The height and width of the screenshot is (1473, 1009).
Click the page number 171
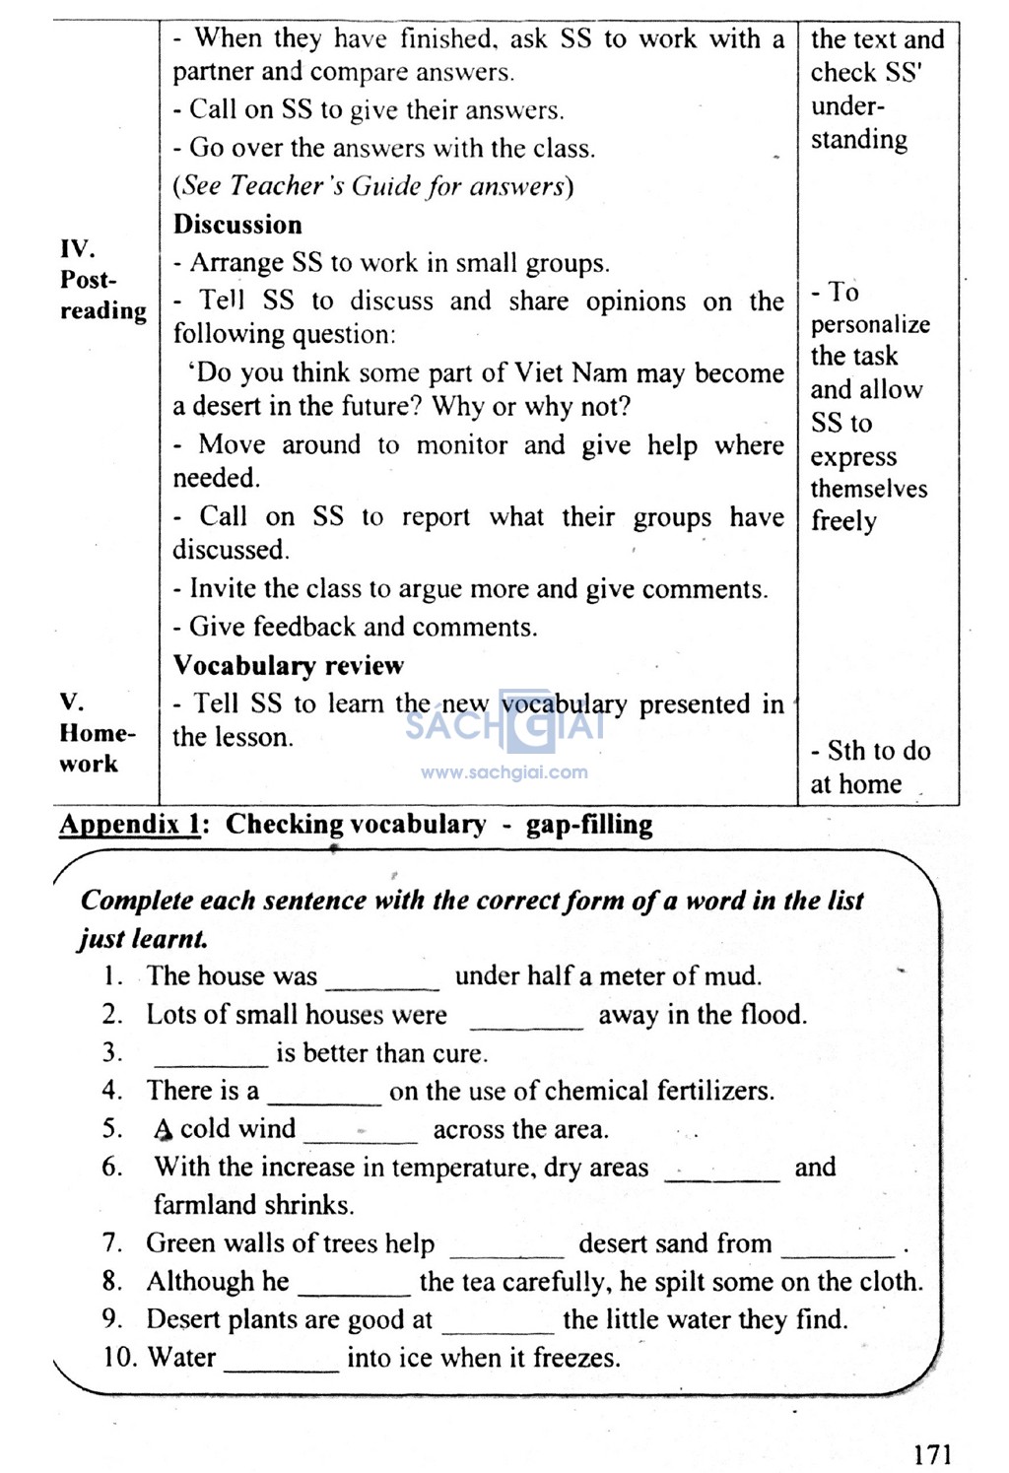coord(931,1453)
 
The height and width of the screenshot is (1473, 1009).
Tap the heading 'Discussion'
coord(237,225)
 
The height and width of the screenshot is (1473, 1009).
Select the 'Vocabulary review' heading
coord(288,665)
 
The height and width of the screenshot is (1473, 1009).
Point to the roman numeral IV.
coord(78,248)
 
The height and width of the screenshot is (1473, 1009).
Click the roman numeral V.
coord(72,702)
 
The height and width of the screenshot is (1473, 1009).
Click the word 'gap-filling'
coord(589,825)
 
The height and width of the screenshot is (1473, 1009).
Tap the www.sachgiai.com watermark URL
coord(504,772)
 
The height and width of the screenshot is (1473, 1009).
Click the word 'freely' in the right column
coord(843,521)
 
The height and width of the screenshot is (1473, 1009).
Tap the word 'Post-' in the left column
coord(89,280)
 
